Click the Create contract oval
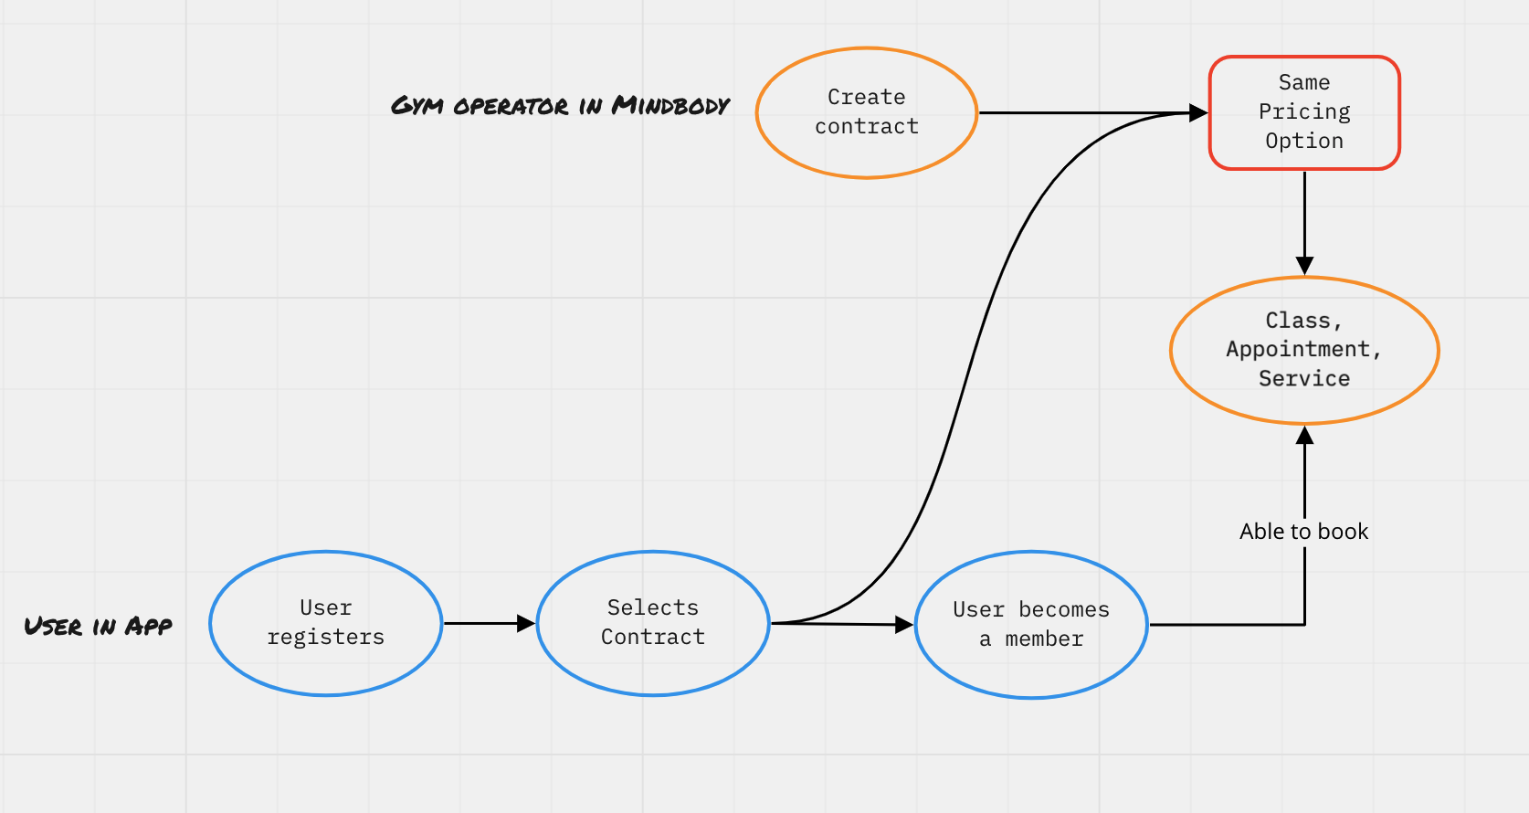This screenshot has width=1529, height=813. pyautogui.click(x=867, y=112)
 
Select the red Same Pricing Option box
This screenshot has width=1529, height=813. pyautogui.click(x=1304, y=112)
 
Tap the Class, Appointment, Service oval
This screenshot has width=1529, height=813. pyautogui.click(x=1304, y=350)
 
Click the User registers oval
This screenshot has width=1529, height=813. pyautogui.click(x=326, y=623)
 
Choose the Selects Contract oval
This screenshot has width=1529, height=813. pyautogui.click(x=653, y=623)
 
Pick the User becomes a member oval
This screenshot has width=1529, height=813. pyautogui.click(x=1031, y=625)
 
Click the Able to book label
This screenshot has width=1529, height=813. pyautogui.click(x=1303, y=532)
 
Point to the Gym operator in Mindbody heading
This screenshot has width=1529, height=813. pyautogui.click(x=560, y=106)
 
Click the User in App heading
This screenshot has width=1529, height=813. pyautogui.click(x=98, y=627)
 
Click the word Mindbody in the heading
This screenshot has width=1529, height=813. pyautogui.click(x=670, y=106)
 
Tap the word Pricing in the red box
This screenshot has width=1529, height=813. pyautogui.click(x=1304, y=111)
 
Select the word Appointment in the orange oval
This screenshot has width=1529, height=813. pyautogui.click(x=1298, y=349)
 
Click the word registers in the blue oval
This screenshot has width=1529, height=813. pyautogui.click(x=326, y=638)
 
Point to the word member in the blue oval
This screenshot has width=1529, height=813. pyautogui.click(x=1044, y=639)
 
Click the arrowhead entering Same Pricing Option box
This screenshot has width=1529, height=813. pyautogui.click(x=1198, y=113)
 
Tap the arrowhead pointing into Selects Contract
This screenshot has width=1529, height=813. pyautogui.click(x=526, y=623)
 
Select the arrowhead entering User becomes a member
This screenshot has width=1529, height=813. pyautogui.click(x=904, y=625)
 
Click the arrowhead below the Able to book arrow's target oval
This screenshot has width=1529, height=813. pyautogui.click(x=1304, y=436)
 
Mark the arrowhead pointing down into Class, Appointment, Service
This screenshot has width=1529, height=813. pyautogui.click(x=1304, y=266)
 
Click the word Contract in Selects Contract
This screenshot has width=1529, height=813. pyautogui.click(x=653, y=638)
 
